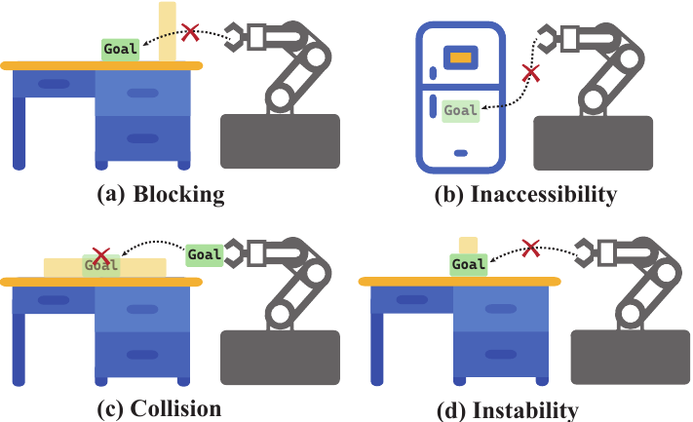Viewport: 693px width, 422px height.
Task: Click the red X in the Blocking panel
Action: [190, 33]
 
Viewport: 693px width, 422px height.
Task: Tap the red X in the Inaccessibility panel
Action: [531, 73]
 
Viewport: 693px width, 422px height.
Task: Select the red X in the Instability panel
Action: [530, 249]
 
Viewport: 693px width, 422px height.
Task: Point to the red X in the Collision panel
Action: [101, 256]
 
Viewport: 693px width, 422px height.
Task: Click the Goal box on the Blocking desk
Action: [121, 49]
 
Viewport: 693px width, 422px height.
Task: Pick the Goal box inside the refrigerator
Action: [460, 110]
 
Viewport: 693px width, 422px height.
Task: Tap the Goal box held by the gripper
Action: [204, 255]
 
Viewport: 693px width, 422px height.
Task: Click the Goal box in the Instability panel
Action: [469, 265]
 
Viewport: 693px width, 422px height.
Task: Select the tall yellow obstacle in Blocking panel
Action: [168, 31]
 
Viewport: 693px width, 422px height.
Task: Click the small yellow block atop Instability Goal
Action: [469, 246]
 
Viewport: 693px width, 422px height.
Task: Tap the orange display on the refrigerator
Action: [460, 58]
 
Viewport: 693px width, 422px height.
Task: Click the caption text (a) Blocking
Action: [161, 194]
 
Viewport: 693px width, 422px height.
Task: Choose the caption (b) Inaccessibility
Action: [525, 194]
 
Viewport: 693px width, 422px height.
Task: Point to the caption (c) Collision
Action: [159, 408]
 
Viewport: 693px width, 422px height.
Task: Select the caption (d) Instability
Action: [508, 410]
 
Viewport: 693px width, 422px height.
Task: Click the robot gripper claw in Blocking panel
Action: [235, 38]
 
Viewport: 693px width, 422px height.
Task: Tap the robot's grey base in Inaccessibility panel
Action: [594, 143]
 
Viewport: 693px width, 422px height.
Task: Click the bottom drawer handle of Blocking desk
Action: [142, 138]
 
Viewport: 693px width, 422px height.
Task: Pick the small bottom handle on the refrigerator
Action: [461, 153]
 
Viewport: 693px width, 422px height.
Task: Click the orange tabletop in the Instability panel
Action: [460, 282]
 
